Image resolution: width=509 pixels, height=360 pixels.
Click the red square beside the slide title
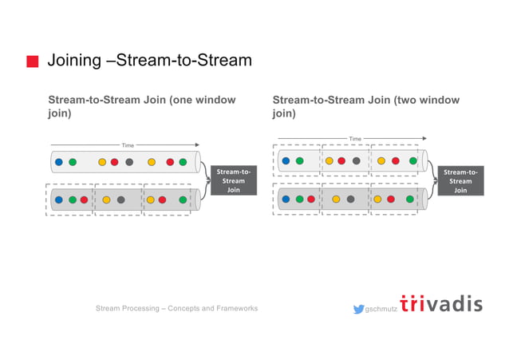pos(33,61)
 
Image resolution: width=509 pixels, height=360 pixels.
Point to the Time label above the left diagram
pos(128,145)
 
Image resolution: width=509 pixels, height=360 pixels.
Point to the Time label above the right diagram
pos(355,139)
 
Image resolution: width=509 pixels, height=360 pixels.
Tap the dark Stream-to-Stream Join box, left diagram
pos(233,180)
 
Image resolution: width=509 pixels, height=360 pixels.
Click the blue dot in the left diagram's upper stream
pos(59,162)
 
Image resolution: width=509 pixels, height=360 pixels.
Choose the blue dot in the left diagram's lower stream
pos(59,200)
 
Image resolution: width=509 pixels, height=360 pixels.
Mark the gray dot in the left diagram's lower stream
pos(120,200)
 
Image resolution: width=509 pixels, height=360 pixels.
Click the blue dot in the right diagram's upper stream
pos(286,160)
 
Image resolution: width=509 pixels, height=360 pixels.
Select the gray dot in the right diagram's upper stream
pos(356,160)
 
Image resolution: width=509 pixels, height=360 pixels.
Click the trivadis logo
pos(441,304)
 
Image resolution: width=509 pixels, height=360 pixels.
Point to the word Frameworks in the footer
pos(232,308)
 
